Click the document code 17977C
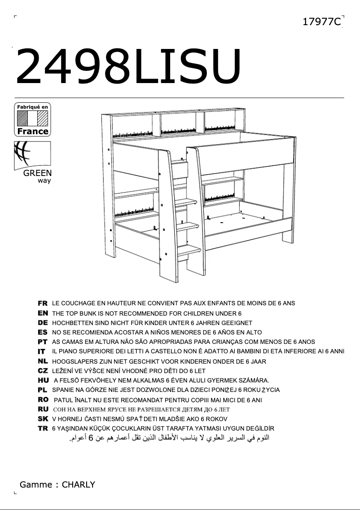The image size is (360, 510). (x=322, y=22)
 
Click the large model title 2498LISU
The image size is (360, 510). (x=128, y=66)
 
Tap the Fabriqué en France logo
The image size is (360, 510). (x=32, y=119)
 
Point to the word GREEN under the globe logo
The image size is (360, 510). (x=37, y=173)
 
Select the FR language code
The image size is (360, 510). (x=43, y=303)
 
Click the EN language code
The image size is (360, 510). (x=43, y=313)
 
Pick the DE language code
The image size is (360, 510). (x=43, y=323)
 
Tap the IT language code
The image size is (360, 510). (x=41, y=351)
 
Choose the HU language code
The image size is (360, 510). (x=43, y=380)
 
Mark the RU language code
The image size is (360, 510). (x=43, y=409)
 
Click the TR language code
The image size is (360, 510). (x=43, y=428)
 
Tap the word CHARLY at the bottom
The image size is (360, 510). (x=79, y=484)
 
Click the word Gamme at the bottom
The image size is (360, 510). (x=36, y=484)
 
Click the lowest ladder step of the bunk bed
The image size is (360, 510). (x=189, y=251)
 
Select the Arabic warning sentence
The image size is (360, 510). (x=169, y=438)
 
